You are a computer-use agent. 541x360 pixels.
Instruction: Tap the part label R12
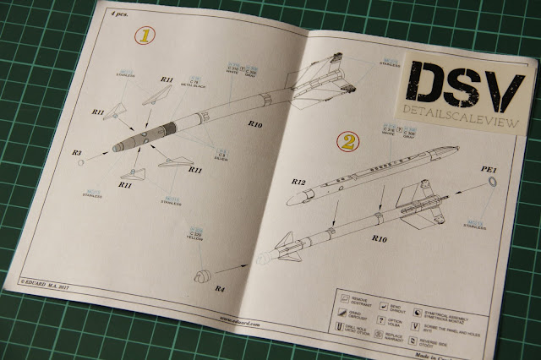click(x=298, y=181)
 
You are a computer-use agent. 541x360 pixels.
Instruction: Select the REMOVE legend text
click(x=359, y=297)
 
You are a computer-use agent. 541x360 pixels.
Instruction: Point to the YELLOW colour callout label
click(x=198, y=232)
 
